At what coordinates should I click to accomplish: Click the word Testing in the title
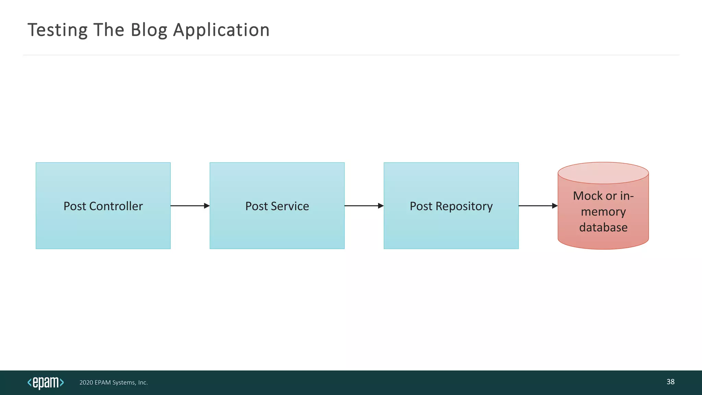tap(57, 30)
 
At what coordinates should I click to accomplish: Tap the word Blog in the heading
tap(149, 30)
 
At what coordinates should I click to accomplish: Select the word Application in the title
tap(221, 30)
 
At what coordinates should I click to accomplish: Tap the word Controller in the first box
tap(116, 206)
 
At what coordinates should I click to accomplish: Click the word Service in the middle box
tap(290, 206)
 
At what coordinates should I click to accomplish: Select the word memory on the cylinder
tap(603, 212)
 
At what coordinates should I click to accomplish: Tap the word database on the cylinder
tap(603, 227)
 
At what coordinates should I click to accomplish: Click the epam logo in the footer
tap(46, 382)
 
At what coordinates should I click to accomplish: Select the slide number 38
tap(670, 382)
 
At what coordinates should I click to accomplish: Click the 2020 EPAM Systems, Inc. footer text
tap(113, 382)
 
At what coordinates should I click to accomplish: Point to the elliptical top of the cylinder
tap(603, 173)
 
